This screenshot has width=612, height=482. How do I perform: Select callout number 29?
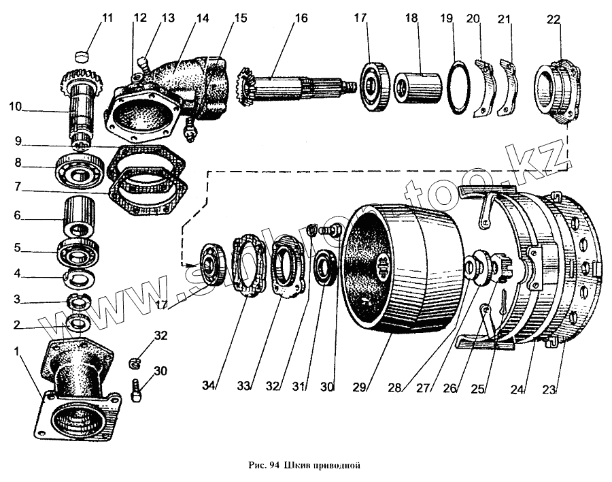pos(360,387)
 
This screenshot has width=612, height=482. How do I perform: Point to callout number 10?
pos(16,106)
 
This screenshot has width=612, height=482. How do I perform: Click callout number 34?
pos(210,386)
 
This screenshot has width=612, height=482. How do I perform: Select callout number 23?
pos(550,390)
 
